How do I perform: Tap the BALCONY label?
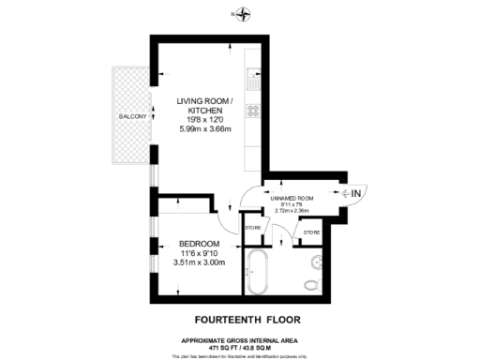[129, 116]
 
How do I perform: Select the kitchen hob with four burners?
[251, 111]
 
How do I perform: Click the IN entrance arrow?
[356, 193]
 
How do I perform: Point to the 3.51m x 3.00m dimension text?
[200, 262]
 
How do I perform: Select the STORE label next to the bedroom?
[252, 228]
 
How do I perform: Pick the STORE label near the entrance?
[311, 232]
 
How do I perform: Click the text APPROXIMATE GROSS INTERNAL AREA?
[240, 339]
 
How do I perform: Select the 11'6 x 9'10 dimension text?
[200, 252]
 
